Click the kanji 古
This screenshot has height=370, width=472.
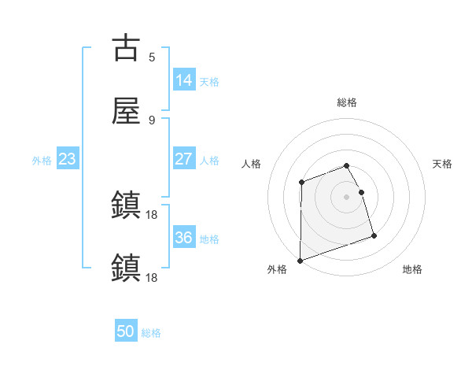click(x=127, y=48)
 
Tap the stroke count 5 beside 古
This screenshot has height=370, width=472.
click(x=152, y=57)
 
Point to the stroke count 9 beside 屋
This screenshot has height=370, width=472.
click(x=152, y=120)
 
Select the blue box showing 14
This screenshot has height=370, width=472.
click(x=183, y=80)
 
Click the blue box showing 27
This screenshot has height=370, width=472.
click(x=183, y=159)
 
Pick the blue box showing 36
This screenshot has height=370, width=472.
click(x=183, y=238)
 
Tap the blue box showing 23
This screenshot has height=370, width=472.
click(x=67, y=159)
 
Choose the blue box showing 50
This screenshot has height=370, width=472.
click(x=126, y=331)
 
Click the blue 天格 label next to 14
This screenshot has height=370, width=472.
click(x=209, y=81)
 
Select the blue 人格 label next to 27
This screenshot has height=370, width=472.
click(x=209, y=161)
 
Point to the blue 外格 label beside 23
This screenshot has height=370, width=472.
click(x=42, y=161)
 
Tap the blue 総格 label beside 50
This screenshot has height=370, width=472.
click(x=151, y=333)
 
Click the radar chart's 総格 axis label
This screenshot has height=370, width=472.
click(x=347, y=102)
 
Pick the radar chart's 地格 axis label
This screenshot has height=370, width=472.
click(x=412, y=270)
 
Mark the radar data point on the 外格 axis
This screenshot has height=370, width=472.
click(x=301, y=260)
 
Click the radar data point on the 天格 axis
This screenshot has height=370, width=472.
click(x=362, y=191)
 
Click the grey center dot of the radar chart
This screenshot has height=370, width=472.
click(x=347, y=197)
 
